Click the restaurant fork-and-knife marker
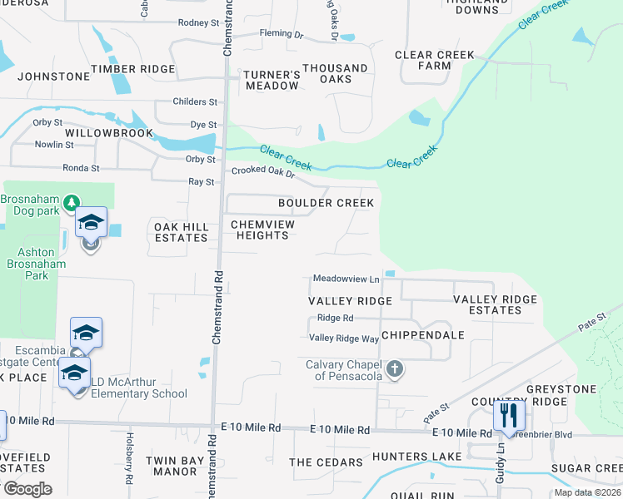click(509, 415)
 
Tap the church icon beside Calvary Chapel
click(395, 368)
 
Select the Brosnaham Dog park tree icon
click(72, 201)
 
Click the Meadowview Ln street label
click(346, 279)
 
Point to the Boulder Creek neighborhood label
click(326, 203)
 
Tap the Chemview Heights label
click(259, 230)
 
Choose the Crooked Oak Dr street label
click(263, 172)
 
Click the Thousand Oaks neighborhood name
click(335, 73)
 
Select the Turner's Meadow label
click(272, 79)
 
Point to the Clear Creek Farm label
click(434, 60)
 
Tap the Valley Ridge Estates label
click(495, 304)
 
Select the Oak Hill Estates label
click(181, 231)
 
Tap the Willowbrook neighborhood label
click(109, 133)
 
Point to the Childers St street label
click(195, 101)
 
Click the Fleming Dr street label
click(282, 34)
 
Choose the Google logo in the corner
click(27, 488)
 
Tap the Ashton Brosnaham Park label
click(29, 264)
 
